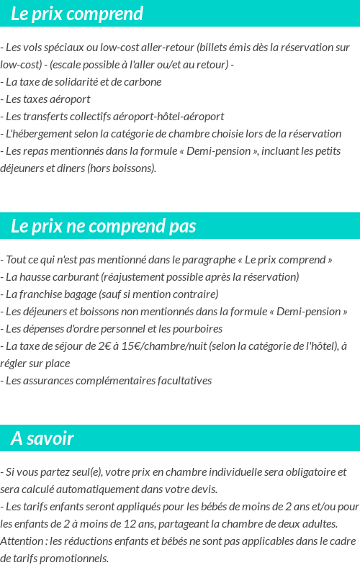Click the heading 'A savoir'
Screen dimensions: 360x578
42,438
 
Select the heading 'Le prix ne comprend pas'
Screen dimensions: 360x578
104,226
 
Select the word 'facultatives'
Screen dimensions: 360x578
183,381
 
